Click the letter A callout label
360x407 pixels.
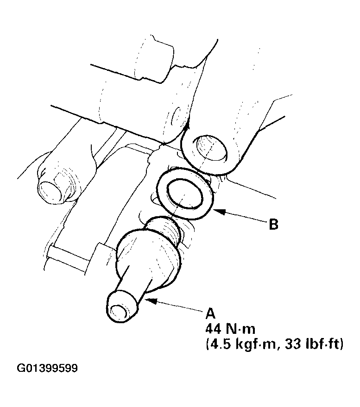211,312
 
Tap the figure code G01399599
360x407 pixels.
47,369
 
